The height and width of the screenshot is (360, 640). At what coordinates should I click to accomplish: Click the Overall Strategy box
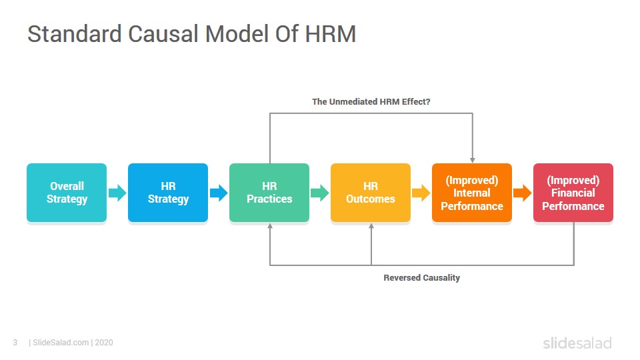(x=67, y=193)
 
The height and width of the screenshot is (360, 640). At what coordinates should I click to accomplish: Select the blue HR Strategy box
(x=168, y=193)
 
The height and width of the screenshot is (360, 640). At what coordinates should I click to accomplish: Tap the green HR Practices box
(x=269, y=193)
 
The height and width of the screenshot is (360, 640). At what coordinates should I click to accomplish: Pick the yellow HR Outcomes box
(x=371, y=193)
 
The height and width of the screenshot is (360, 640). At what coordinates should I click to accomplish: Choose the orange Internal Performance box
(x=472, y=193)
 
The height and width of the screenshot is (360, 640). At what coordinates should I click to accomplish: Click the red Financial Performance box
(x=573, y=193)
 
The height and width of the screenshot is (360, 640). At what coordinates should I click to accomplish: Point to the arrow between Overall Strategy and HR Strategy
(x=117, y=193)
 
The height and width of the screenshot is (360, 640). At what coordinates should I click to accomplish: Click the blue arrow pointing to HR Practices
(x=219, y=193)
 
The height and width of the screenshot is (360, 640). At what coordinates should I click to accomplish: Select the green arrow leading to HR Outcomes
(x=320, y=193)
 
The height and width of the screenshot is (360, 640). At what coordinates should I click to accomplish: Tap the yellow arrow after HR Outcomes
(x=421, y=193)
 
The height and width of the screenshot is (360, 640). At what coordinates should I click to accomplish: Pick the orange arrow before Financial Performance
(x=523, y=193)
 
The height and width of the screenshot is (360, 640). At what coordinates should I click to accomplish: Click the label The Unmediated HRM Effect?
(x=371, y=101)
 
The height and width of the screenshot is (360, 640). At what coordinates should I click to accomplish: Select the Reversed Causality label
(x=421, y=277)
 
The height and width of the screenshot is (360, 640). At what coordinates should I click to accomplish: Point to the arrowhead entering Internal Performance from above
(x=472, y=161)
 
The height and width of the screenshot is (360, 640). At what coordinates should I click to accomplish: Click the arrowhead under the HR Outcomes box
(x=371, y=226)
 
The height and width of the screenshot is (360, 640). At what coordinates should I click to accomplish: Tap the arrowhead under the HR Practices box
(x=270, y=226)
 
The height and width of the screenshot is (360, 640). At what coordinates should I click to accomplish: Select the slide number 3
(x=15, y=343)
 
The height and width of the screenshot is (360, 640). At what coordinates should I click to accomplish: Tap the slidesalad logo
(x=577, y=343)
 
